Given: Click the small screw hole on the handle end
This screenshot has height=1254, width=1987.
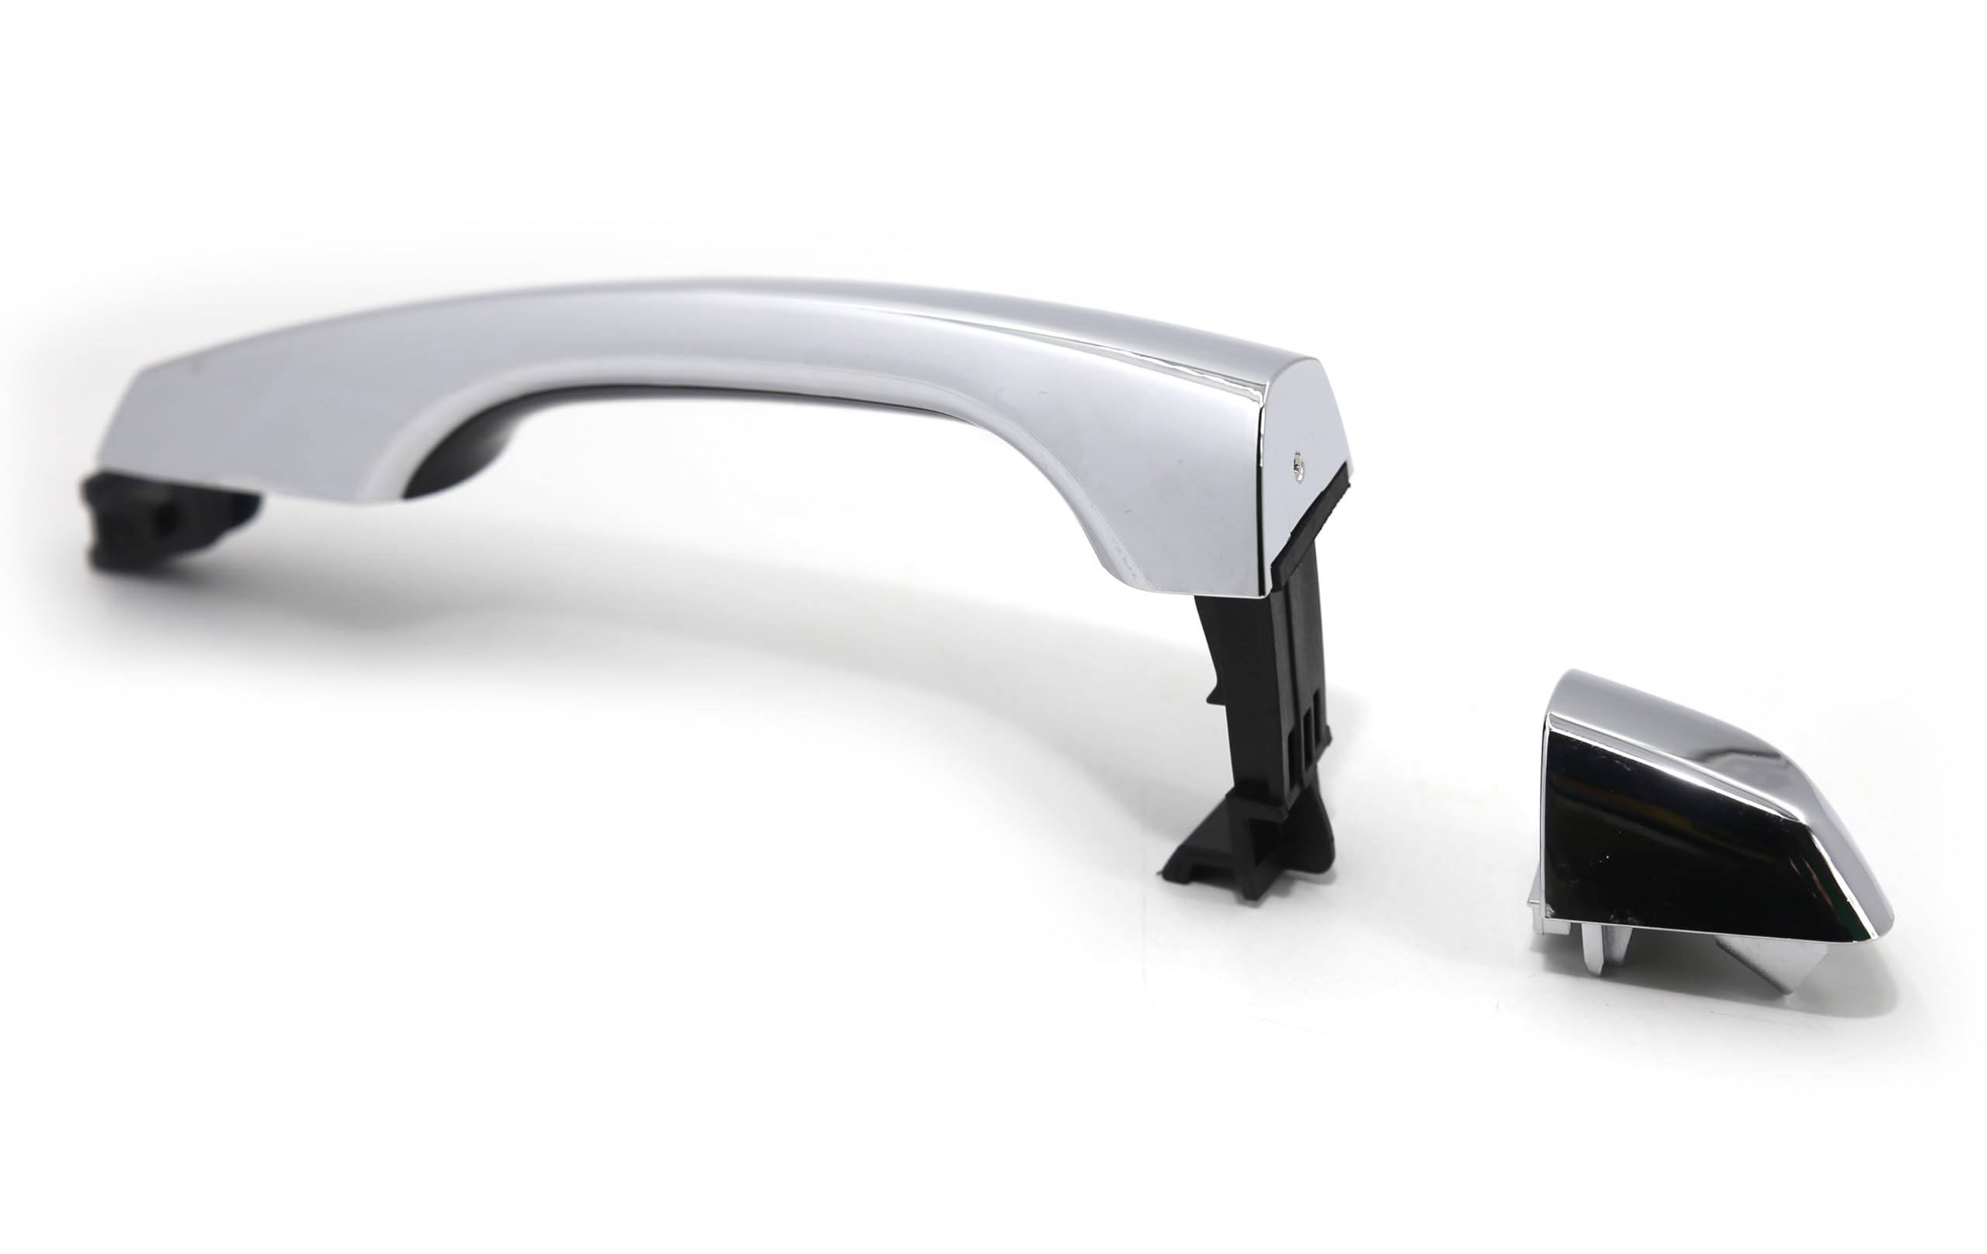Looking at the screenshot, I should point(1298,465).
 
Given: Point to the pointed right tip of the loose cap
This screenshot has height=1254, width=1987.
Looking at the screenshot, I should point(1885,920).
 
